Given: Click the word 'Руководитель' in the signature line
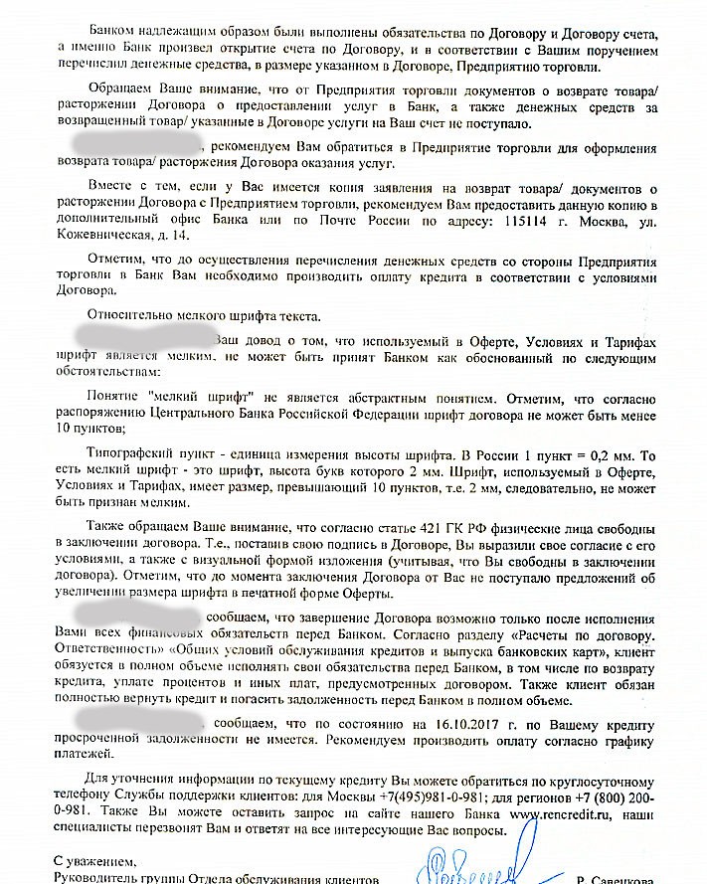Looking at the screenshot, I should [x=95, y=879].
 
